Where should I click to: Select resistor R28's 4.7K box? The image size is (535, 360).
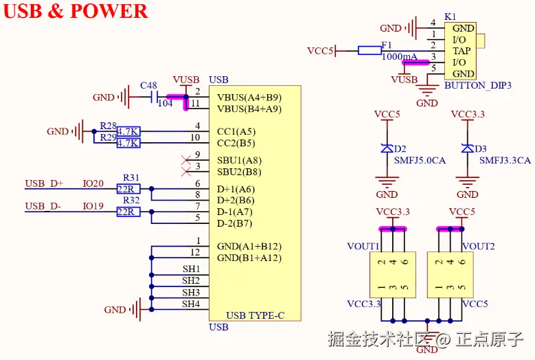[128, 131]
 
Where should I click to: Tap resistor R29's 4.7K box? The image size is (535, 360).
[128, 143]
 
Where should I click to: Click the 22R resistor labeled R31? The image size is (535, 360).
[128, 189]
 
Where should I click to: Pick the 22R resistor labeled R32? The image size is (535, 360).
[128, 212]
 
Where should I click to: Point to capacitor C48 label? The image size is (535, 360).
[148, 86]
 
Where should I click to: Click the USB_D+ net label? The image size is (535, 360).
[44, 183]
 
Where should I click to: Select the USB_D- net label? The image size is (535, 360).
[43, 206]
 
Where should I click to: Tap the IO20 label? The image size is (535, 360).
[93, 183]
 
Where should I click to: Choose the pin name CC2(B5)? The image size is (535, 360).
[236, 144]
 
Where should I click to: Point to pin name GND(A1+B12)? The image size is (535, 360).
[249, 246]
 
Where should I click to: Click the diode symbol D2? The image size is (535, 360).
[387, 148]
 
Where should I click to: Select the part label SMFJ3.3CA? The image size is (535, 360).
[505, 160]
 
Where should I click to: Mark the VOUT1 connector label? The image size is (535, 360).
[363, 246]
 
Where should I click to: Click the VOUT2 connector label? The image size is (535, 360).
[478, 246]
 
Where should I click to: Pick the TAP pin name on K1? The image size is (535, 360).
[462, 51]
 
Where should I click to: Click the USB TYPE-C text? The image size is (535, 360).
[255, 315]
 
